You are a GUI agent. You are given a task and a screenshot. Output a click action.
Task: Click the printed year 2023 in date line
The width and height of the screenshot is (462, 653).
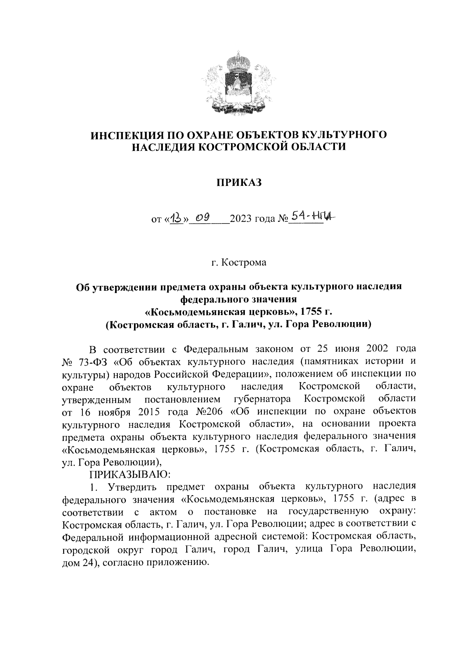242,220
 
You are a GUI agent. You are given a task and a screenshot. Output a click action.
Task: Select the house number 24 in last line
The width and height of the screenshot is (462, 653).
85,563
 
